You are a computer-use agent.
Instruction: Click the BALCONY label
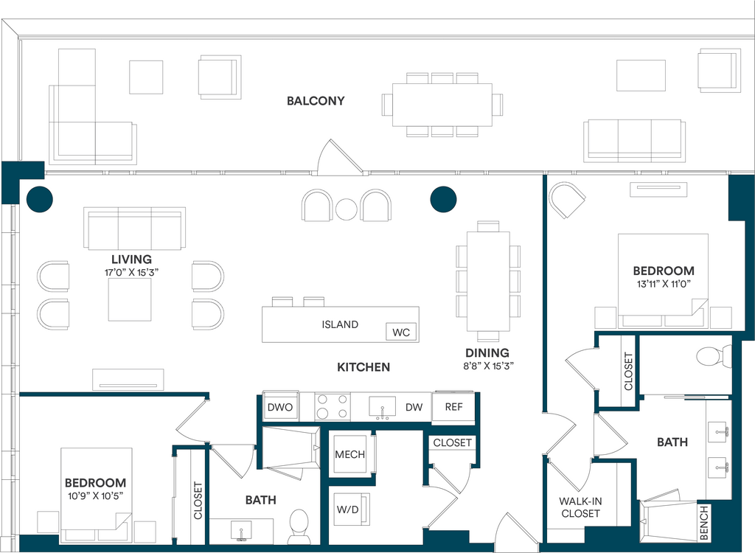[x=316, y=101]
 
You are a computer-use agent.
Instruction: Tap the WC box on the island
[x=401, y=332]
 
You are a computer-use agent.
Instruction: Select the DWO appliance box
[x=279, y=407]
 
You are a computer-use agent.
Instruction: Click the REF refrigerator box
[x=453, y=407]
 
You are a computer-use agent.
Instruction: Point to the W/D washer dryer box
[x=348, y=509]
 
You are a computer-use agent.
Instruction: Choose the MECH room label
[x=350, y=454]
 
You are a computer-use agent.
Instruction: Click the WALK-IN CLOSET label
[x=580, y=507]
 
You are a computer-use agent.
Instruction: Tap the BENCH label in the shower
[x=703, y=522]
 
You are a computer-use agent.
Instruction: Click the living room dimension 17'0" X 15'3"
[x=131, y=272]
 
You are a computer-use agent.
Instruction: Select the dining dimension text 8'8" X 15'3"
[x=488, y=366]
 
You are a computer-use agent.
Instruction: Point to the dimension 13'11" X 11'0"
[x=664, y=284]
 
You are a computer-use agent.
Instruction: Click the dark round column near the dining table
[x=443, y=199]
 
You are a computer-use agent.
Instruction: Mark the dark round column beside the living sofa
[x=40, y=199]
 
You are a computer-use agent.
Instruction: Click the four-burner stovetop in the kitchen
[x=333, y=406]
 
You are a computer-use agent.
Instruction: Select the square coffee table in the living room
[x=130, y=299]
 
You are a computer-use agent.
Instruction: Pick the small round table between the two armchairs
[x=347, y=209]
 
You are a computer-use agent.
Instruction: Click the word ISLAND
[x=340, y=324]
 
